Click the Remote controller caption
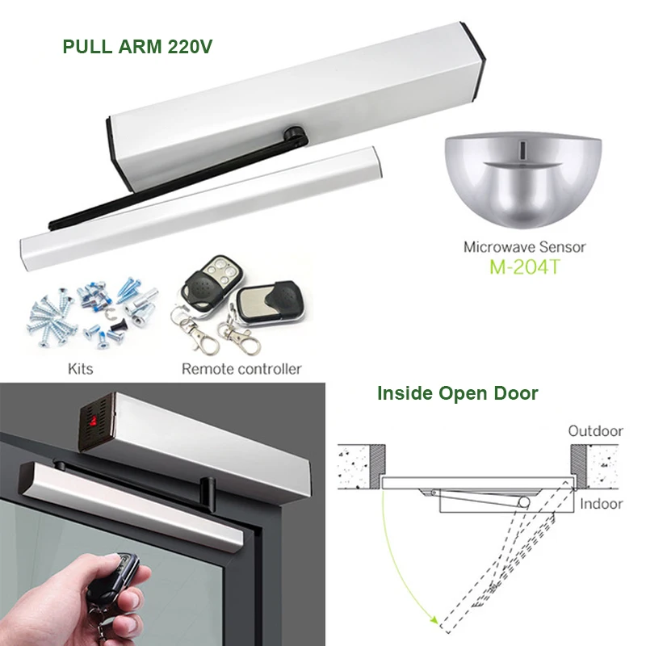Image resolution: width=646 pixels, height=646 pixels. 241,369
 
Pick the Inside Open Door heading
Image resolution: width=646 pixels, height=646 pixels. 458,394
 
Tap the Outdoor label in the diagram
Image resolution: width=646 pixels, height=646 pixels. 595,430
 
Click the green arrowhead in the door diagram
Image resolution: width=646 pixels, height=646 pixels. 437,623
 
